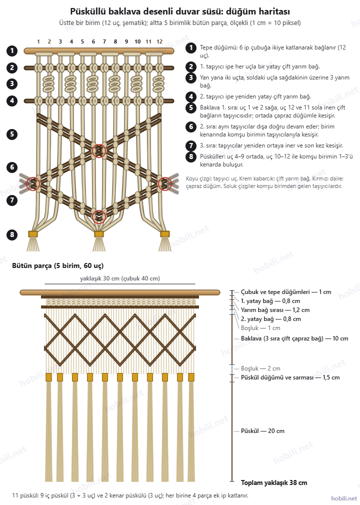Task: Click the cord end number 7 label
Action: tap(104, 41)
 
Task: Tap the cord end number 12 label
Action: tap(159, 41)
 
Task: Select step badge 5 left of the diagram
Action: tap(12, 134)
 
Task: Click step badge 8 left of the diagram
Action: tap(12, 234)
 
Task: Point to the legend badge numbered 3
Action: tap(191, 77)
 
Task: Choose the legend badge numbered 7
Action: tap(191, 145)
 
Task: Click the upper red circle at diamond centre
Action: tap(99, 150)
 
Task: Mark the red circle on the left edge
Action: tap(33, 184)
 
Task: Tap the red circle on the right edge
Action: tap(165, 184)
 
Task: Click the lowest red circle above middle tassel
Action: tap(99, 217)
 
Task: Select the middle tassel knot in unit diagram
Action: tap(99, 234)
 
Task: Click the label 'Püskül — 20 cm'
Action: tap(263, 431)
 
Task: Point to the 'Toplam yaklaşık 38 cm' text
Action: tap(274, 482)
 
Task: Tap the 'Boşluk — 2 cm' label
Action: tap(260, 368)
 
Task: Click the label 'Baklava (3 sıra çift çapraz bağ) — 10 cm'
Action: tap(294, 338)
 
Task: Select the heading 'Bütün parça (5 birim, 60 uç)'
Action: tap(58, 265)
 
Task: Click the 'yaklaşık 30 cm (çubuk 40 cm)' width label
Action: tap(120, 278)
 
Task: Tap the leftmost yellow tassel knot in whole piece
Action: tap(48, 377)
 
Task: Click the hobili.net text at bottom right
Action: tap(344, 498)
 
